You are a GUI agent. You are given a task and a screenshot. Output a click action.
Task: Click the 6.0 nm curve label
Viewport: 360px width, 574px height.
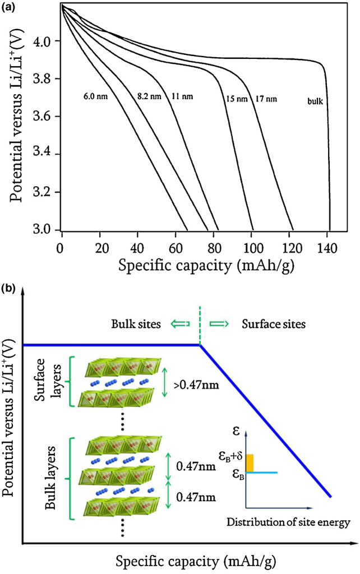(94, 96)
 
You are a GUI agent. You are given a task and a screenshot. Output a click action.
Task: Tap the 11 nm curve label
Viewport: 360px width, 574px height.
(182, 96)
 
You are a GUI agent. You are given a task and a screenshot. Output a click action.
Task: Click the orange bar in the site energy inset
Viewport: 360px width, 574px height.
(250, 462)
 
